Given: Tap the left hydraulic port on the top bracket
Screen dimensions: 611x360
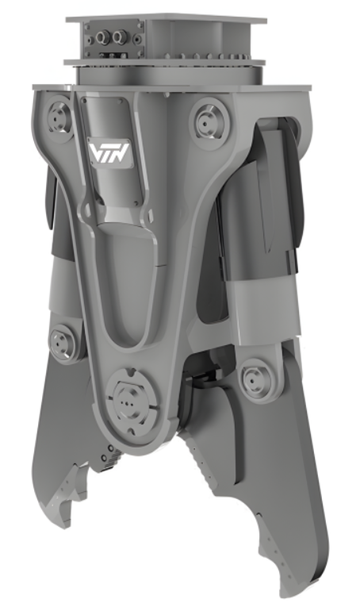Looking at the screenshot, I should click(x=102, y=36).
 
